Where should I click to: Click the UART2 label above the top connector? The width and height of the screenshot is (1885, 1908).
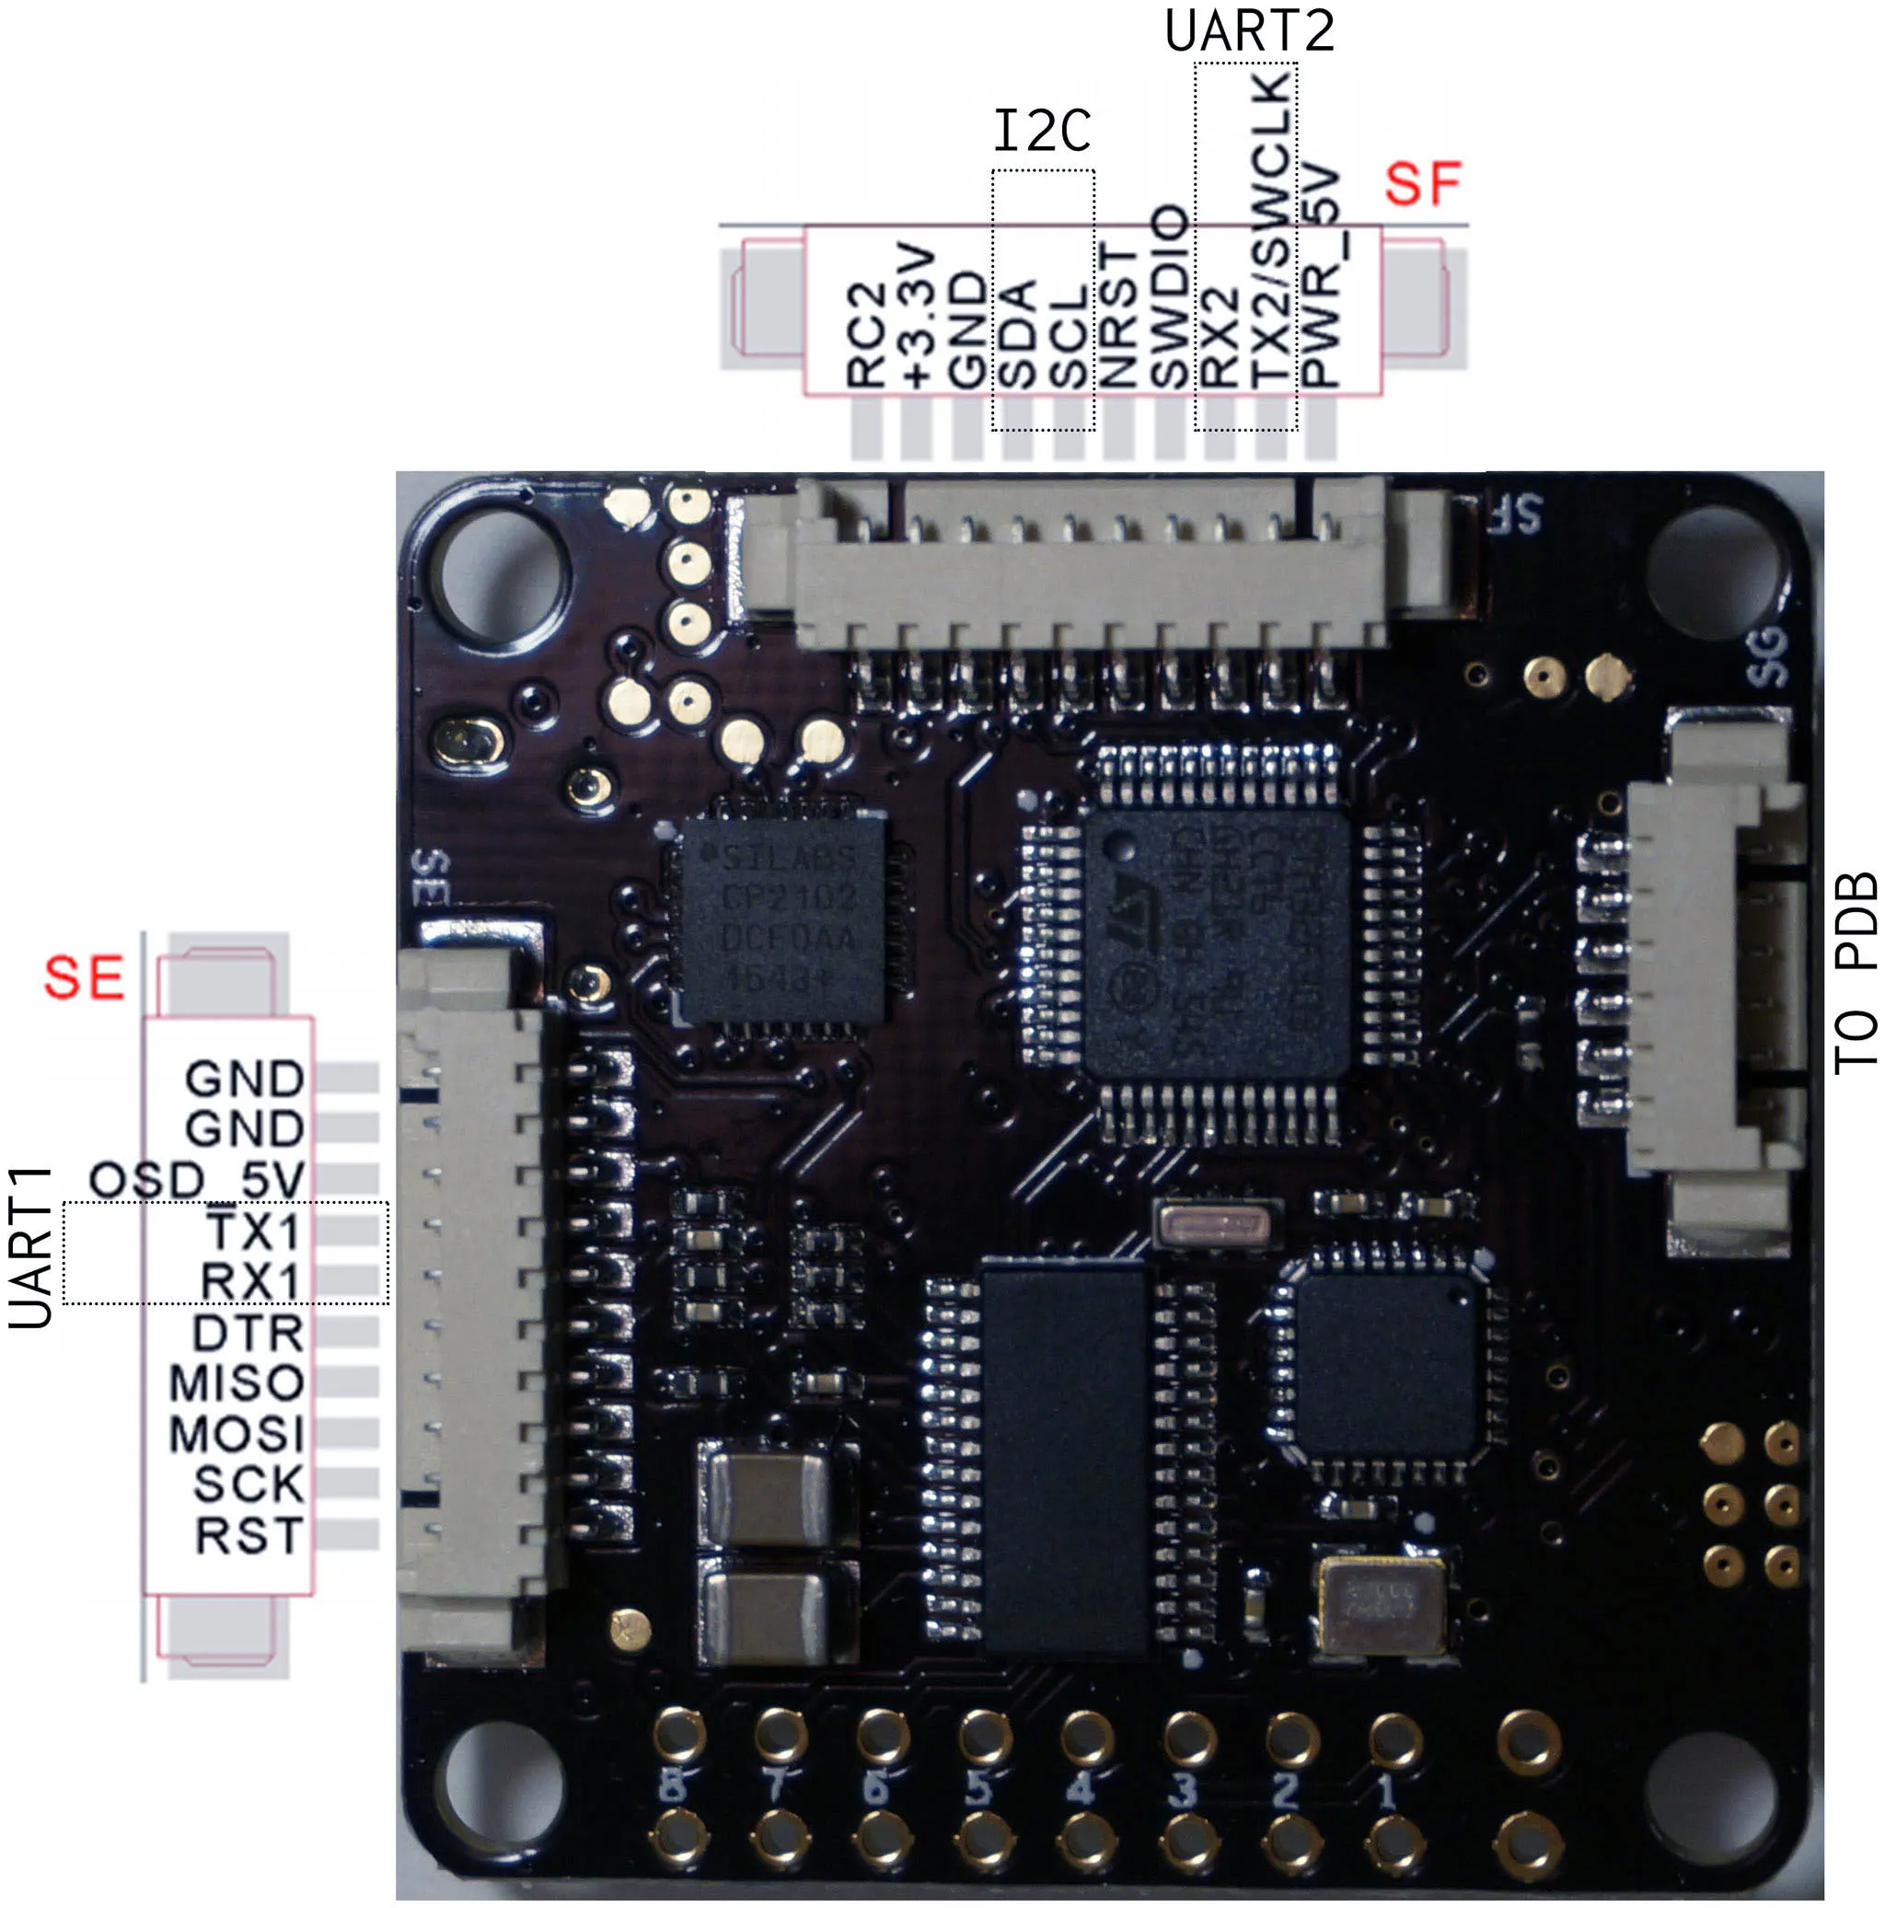(x=1248, y=31)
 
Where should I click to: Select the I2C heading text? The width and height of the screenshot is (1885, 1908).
(x=1042, y=132)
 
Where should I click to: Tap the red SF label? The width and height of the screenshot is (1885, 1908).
(x=1421, y=184)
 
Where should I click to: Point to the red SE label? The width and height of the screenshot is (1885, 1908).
(x=84, y=977)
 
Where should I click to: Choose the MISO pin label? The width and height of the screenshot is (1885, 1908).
(x=236, y=1382)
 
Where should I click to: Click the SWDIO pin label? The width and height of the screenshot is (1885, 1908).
(x=1170, y=296)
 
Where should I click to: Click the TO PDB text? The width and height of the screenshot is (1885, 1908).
(x=1855, y=973)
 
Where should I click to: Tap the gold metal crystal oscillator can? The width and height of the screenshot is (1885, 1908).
(x=1382, y=1606)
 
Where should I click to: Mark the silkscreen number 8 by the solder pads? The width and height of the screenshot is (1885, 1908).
(x=675, y=1788)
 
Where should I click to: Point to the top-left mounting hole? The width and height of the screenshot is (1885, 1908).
(x=503, y=572)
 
